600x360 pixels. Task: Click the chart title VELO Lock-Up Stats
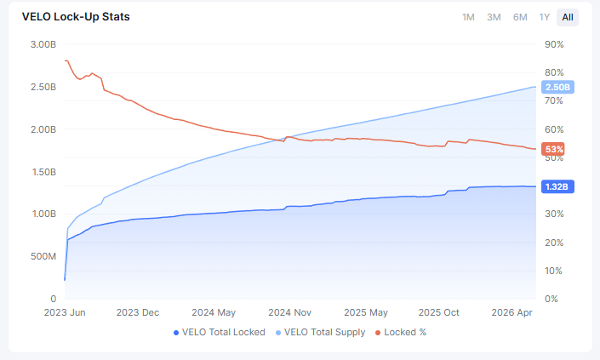76,17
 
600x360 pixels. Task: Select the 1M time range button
468,17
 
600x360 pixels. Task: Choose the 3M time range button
494,17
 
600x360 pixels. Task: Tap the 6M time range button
520,17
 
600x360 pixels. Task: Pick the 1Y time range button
545,17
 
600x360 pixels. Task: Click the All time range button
568,17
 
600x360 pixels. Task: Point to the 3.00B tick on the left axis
43,44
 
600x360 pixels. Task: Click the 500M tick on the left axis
43,256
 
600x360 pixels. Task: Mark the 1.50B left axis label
44,172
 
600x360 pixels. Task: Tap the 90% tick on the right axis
554,44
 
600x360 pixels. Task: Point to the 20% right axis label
554,243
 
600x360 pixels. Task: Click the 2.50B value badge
557,87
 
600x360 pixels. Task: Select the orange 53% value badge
553,149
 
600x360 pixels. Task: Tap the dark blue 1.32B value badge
557,186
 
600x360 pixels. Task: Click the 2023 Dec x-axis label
138,312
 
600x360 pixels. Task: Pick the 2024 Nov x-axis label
289,312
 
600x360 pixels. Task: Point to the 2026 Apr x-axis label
511,312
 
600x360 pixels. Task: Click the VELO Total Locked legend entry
220,333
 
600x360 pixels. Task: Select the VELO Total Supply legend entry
320,333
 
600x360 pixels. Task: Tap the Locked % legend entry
401,333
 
